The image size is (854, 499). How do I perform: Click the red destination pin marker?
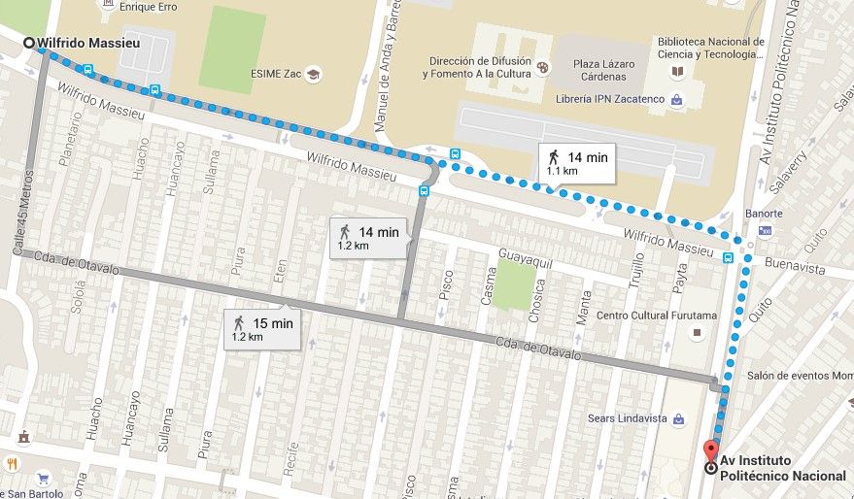(x=710, y=452)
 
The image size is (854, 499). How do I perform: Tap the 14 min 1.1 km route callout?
(x=577, y=162)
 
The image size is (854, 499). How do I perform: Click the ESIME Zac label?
(x=279, y=74)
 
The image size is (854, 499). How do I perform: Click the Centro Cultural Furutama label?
(x=656, y=316)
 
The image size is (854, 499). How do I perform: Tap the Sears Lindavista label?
(x=625, y=418)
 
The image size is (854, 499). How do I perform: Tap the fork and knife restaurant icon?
(x=14, y=463)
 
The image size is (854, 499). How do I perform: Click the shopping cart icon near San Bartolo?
(x=43, y=479)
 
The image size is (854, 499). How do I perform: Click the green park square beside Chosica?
(x=513, y=285)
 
